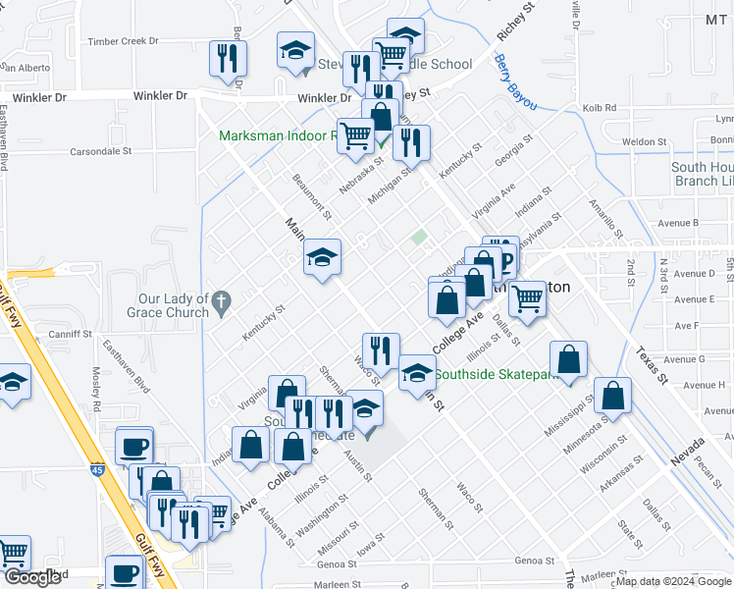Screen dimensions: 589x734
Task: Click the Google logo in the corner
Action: point(32,577)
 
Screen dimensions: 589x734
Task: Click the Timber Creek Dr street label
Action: point(123,41)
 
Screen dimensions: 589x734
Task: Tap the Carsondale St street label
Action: point(107,152)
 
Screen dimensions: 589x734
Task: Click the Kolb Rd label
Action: point(599,108)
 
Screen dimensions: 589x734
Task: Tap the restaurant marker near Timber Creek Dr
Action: point(228,58)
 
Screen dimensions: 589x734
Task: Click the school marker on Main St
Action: point(322,257)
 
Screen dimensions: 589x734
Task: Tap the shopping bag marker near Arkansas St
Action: point(612,396)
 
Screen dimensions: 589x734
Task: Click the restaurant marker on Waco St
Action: point(380,349)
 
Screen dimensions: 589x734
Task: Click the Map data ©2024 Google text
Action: point(673,581)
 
